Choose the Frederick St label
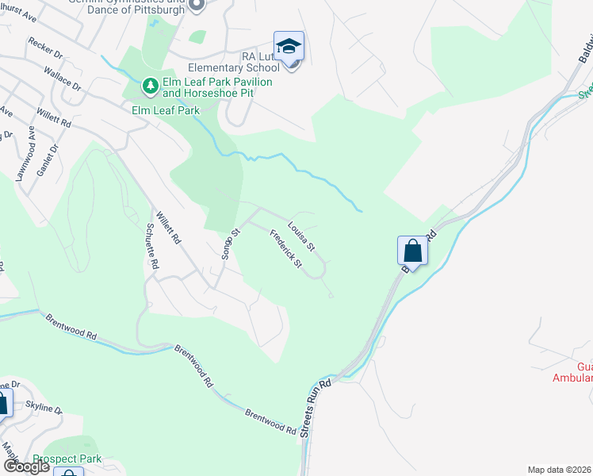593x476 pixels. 286,248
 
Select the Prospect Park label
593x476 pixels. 67,459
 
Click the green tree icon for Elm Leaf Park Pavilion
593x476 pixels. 150,83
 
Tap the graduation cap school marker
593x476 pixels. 289,45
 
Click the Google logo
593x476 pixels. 25,466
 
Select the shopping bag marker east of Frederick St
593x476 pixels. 412,251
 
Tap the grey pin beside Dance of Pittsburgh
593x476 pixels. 197,6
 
